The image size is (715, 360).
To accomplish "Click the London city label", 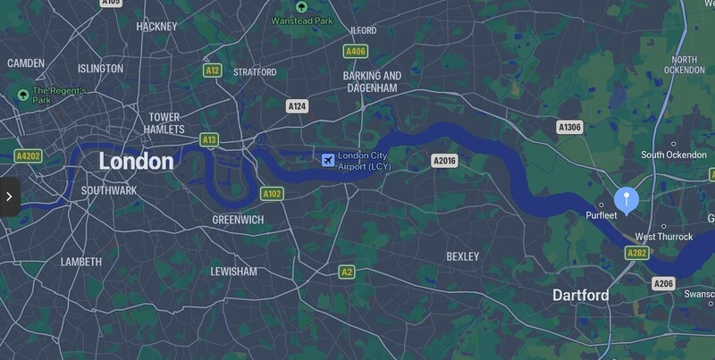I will (x=136, y=162).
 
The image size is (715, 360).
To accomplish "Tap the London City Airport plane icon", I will (x=327, y=160).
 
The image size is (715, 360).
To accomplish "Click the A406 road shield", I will (x=356, y=52).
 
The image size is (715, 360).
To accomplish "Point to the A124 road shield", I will (x=298, y=106).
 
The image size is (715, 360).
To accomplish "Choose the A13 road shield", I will (x=209, y=139).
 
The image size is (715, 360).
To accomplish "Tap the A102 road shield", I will (x=272, y=193).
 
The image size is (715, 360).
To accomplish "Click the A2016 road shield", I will (x=444, y=161).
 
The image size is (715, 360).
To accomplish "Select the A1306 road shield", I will (x=569, y=128).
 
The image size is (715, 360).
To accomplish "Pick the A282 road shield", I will (x=637, y=254).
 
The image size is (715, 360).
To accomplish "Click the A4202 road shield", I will (x=29, y=156).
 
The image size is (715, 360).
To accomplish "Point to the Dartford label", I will (x=581, y=295).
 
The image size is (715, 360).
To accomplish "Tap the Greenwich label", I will (x=237, y=219).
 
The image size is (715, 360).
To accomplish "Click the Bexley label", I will (x=462, y=256).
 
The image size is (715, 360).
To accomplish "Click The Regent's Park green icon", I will (x=21, y=93).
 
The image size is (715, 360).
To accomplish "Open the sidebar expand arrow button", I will (x=9, y=197).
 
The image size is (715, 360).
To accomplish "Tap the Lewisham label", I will (x=233, y=271).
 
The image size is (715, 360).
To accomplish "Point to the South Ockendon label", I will (x=673, y=155).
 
